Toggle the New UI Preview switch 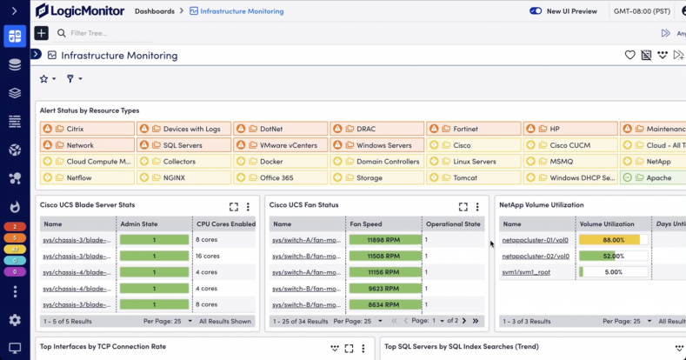535,11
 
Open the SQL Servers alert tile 183,145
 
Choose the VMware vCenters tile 281,145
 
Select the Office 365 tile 281,177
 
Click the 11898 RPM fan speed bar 383,239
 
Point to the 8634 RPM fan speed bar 383,305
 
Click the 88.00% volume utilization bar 609,239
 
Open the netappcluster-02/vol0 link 536,256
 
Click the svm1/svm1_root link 525,272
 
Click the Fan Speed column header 366,223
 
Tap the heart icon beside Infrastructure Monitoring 630,55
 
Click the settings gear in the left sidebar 14,319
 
